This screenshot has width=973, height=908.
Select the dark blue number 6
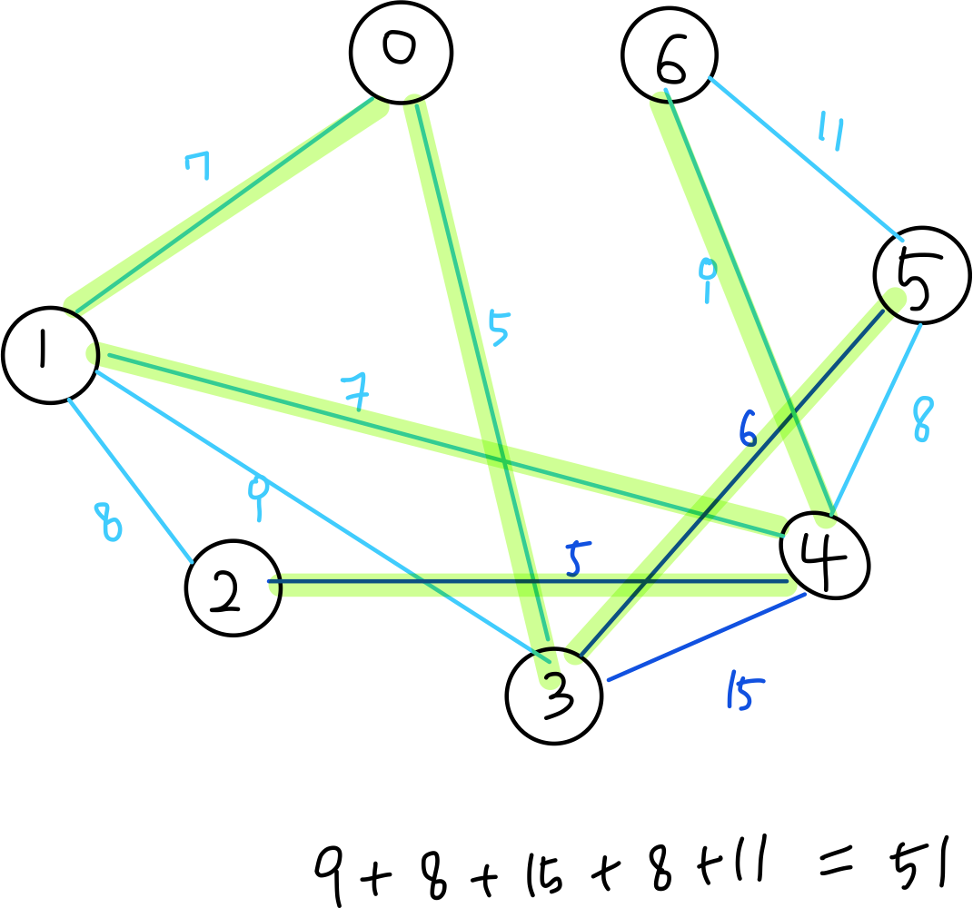(x=748, y=429)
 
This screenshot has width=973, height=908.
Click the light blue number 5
(x=498, y=329)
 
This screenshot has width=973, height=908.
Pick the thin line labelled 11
(x=805, y=158)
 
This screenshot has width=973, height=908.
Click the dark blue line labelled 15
(x=706, y=637)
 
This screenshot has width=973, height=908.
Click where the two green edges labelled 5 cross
(x=531, y=585)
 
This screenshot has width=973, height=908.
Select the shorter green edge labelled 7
(x=227, y=204)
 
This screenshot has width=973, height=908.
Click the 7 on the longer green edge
(x=355, y=392)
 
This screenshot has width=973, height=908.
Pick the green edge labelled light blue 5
(x=454, y=272)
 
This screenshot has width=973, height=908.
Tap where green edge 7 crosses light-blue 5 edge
(x=499, y=453)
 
